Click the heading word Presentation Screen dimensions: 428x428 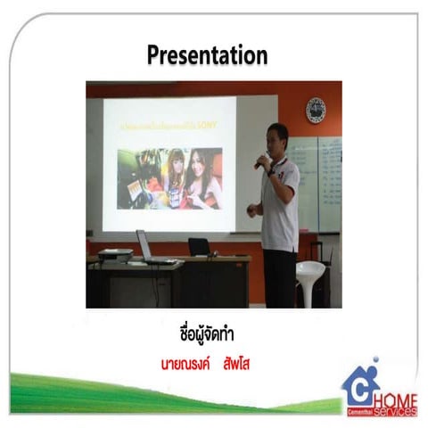click(x=206, y=54)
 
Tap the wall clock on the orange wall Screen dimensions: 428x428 click(x=316, y=110)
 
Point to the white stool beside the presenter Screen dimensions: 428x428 click(x=309, y=281)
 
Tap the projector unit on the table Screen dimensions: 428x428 click(x=115, y=257)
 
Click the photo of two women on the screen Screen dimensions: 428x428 click(x=169, y=177)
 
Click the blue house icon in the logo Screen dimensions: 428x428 click(x=361, y=385)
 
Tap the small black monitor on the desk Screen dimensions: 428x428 click(x=199, y=246)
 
